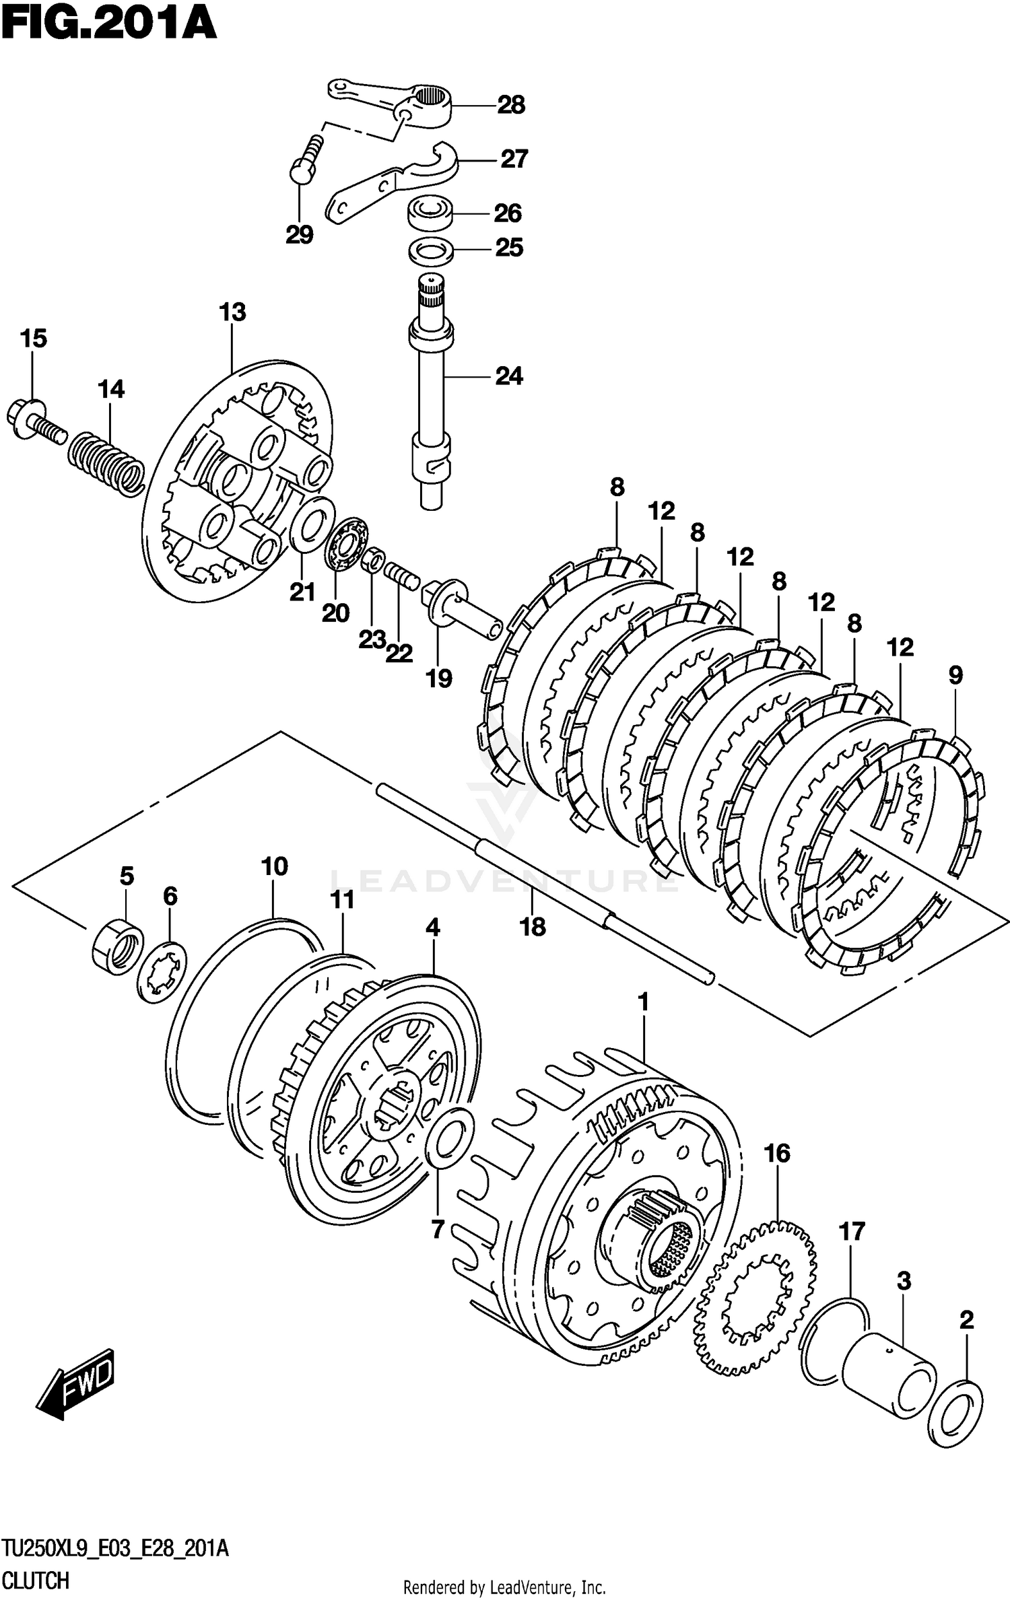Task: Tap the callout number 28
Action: pos(511,105)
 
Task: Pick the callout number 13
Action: pos(232,312)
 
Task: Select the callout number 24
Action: pos(508,376)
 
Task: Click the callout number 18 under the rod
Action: pos(532,928)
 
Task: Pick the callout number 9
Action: pos(955,675)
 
